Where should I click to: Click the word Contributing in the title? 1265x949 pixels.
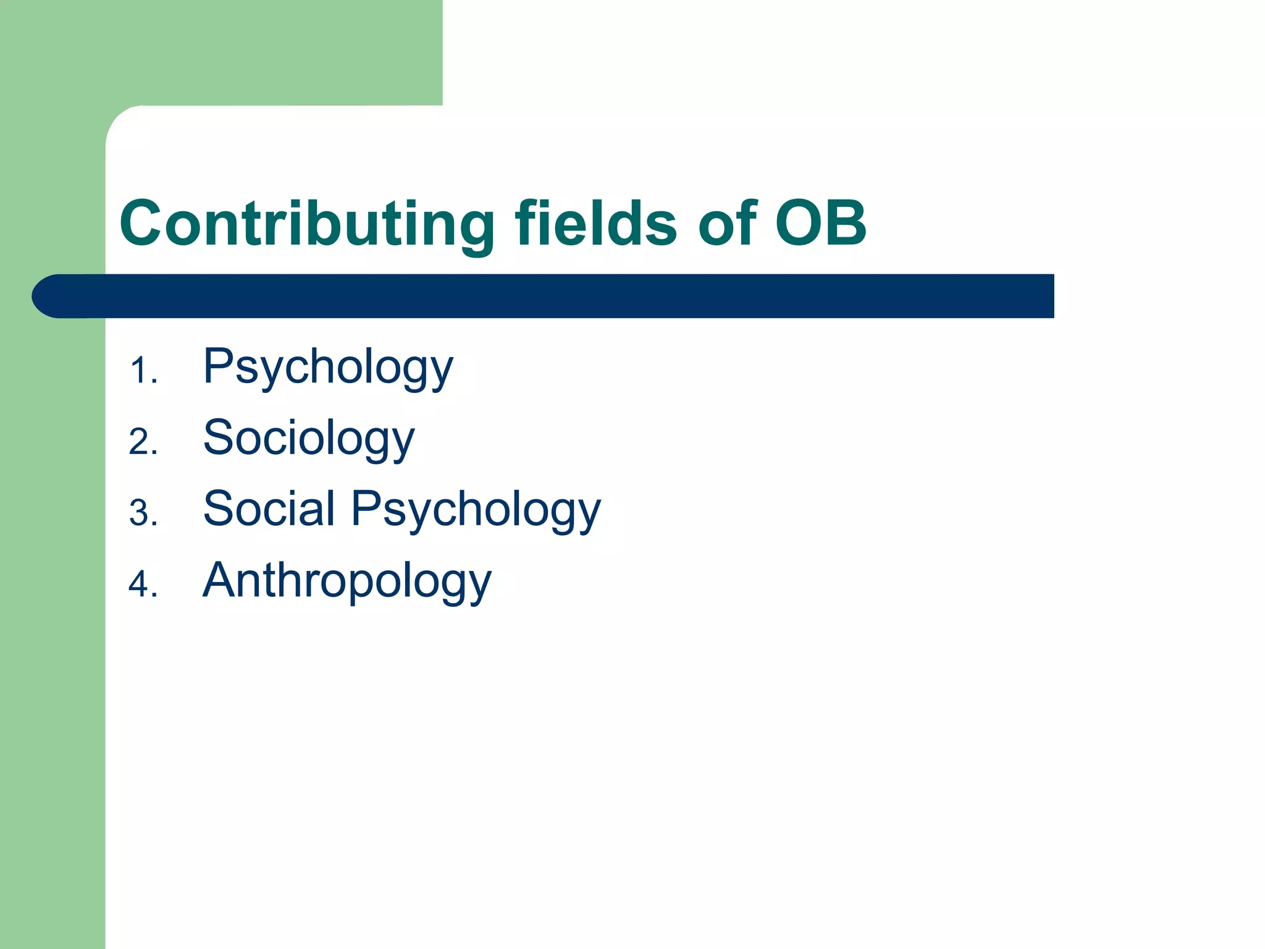point(307,224)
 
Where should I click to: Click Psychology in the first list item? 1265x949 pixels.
point(328,368)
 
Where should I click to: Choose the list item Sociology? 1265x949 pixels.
point(309,439)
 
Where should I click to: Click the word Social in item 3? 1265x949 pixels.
point(269,509)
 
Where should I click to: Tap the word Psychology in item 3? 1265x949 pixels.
point(476,510)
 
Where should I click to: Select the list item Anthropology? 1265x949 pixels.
point(347,581)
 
